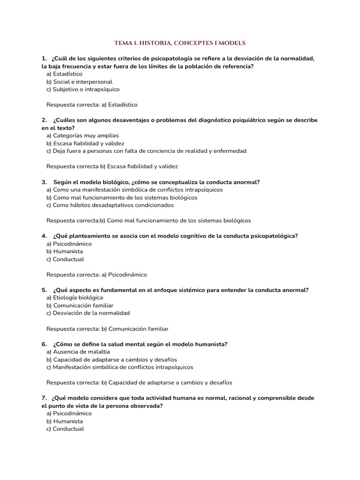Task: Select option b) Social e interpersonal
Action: click(x=79, y=82)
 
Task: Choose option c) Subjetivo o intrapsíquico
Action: click(x=83, y=89)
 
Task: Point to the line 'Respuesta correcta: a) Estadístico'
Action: click(x=92, y=105)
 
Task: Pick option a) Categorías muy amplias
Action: click(x=82, y=135)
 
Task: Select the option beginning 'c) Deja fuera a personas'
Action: click(x=146, y=151)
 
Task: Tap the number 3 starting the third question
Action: click(x=44, y=182)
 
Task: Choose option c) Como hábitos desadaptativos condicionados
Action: click(x=110, y=205)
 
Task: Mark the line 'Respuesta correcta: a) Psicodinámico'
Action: click(x=97, y=274)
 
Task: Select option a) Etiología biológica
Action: click(x=75, y=298)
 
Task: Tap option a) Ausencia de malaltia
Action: click(x=78, y=352)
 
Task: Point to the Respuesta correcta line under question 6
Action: click(x=139, y=382)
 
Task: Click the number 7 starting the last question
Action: click(x=44, y=398)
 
